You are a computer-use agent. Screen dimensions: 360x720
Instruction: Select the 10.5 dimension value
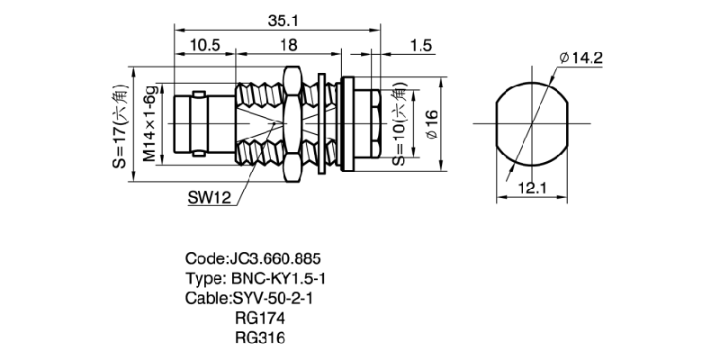point(203,44)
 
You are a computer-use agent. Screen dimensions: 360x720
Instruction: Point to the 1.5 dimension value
point(419,44)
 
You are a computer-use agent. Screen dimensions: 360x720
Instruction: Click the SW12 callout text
point(210,197)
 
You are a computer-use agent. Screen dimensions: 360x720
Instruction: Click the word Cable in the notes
point(206,298)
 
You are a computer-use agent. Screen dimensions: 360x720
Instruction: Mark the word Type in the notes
point(204,278)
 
